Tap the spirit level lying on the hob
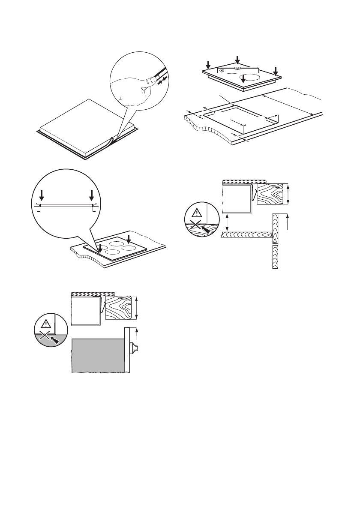238,69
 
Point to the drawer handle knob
133,347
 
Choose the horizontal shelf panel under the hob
246,235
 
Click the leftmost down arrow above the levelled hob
208,65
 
